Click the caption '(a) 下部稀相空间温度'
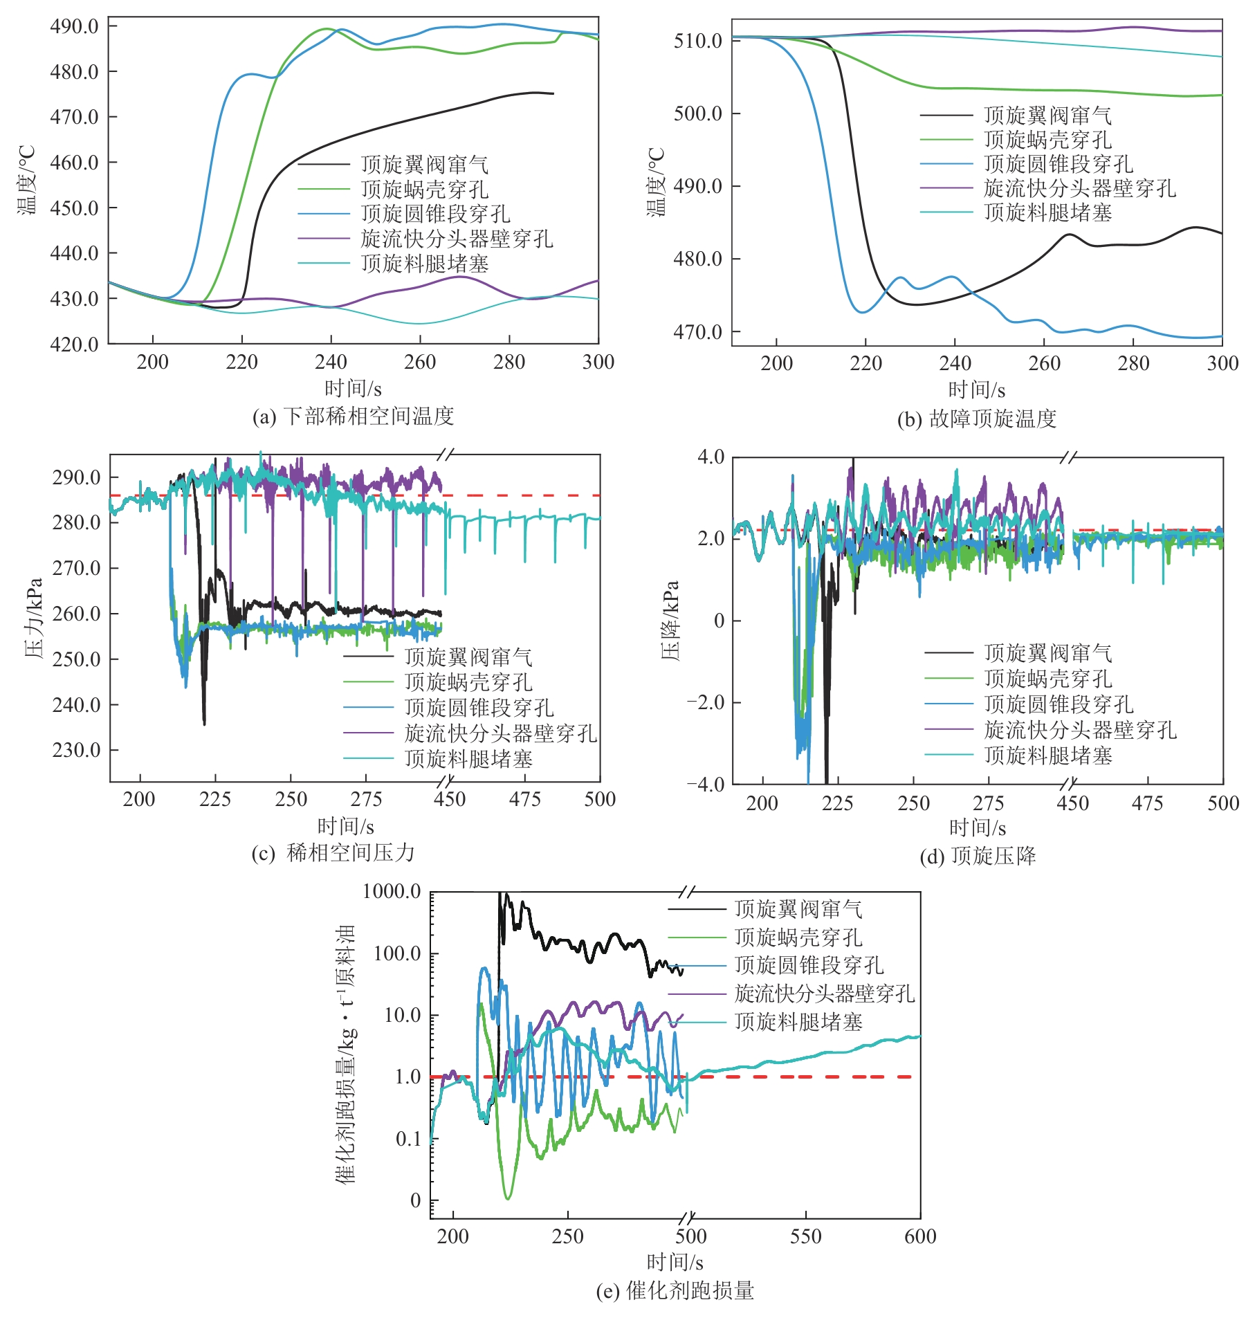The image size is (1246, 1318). (x=353, y=417)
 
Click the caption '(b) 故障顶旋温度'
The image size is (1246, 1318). (x=976, y=419)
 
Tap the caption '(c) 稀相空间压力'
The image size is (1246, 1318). (x=333, y=852)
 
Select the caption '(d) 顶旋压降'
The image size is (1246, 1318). (x=978, y=856)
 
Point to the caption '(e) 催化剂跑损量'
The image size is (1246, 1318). (x=675, y=1290)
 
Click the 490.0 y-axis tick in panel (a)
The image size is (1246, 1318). (x=74, y=26)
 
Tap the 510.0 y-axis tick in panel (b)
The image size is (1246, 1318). (x=698, y=41)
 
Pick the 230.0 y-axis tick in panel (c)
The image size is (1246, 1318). (x=76, y=750)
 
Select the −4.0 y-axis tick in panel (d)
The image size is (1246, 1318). (x=705, y=785)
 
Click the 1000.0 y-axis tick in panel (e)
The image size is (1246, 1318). (x=392, y=891)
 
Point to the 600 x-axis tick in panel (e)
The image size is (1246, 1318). (x=920, y=1236)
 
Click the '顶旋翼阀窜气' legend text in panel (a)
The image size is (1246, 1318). (x=424, y=165)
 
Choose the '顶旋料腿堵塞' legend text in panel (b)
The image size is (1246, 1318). (x=1047, y=212)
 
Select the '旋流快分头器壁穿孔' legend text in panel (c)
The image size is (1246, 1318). (x=500, y=733)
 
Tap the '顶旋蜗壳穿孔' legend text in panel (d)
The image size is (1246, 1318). (x=1047, y=679)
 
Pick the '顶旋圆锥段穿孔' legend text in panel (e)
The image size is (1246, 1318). (x=809, y=965)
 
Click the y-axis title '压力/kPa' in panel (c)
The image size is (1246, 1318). (x=34, y=618)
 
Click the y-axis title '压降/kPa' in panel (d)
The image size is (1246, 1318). (x=670, y=620)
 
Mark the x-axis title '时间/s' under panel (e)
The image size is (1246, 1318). (x=675, y=1263)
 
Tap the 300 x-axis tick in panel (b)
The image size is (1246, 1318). (x=1222, y=363)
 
